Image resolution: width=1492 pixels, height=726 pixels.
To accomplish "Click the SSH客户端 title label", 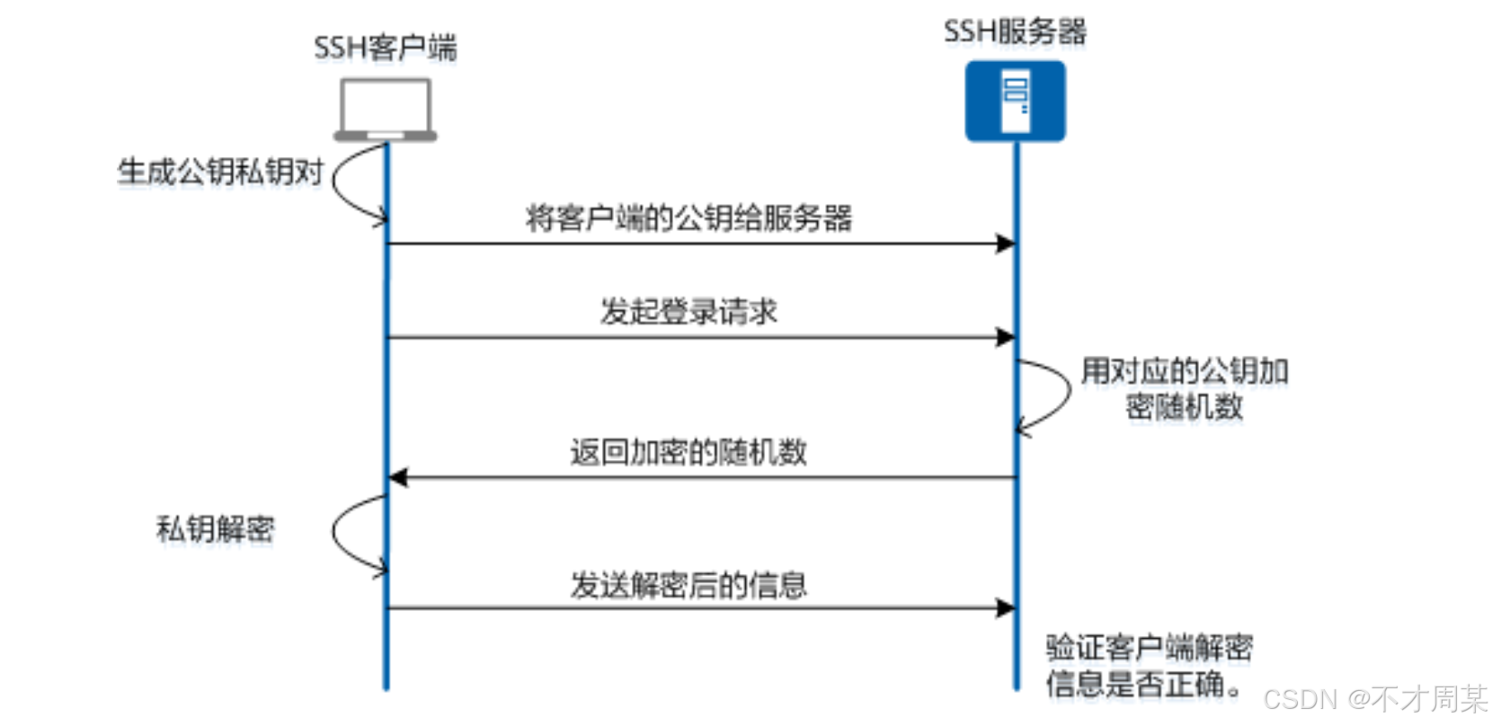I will coord(385,47).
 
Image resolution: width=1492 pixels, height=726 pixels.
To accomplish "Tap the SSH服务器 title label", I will coord(1015,31).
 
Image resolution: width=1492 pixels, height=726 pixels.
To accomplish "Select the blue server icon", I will coord(1016,101).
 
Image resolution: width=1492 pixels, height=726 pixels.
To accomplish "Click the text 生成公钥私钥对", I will coord(220,171).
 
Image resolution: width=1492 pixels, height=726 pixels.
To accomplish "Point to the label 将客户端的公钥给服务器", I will coord(688,217).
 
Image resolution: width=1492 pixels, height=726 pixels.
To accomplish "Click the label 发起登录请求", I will coord(688,311).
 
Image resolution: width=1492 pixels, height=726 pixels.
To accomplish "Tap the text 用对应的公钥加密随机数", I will coord(1185,388).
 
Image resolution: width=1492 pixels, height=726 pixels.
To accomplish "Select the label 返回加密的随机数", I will coord(688,451).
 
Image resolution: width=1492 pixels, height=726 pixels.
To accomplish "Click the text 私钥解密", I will coord(216,528).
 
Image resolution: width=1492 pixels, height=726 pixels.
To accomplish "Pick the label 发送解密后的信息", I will coord(688,585).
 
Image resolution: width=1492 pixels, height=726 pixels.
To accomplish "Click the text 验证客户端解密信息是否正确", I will coord(1149,666).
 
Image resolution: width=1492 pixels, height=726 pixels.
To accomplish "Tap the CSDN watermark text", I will coord(1375,698).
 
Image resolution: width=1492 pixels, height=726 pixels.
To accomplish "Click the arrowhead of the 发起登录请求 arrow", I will coord(1006,338).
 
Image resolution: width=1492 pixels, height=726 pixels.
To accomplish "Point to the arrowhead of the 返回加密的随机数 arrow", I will coord(398,478).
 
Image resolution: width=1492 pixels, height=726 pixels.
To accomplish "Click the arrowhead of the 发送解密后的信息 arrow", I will coord(1006,608).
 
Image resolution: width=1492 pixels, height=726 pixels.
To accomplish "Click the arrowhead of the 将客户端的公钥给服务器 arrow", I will coord(1006,243).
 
